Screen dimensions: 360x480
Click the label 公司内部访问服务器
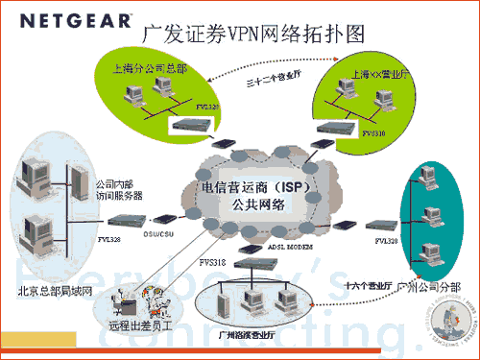click(x=119, y=188)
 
